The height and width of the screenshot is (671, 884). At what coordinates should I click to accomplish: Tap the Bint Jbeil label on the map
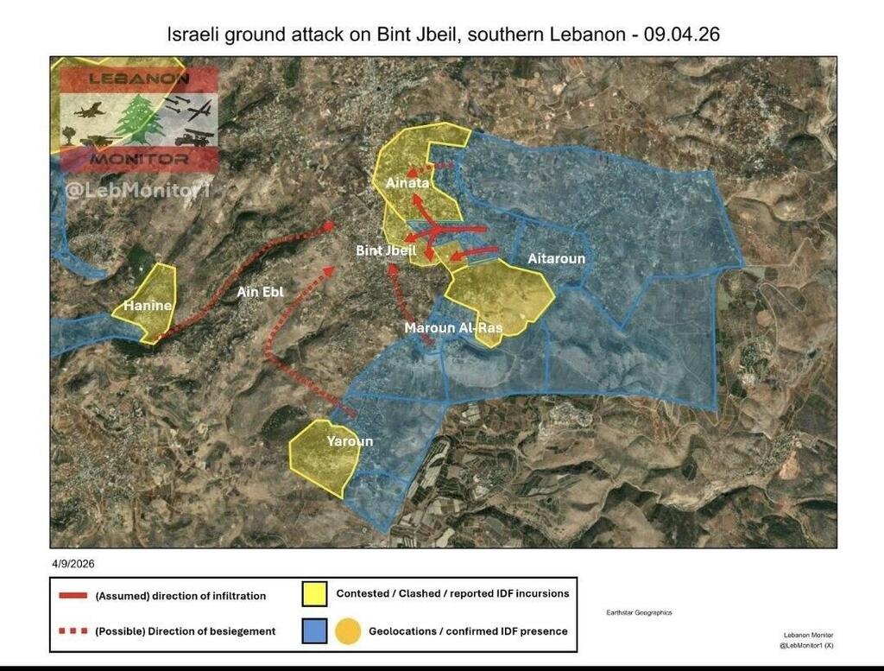(386, 250)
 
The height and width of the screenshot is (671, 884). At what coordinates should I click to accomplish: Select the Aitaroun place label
(556, 258)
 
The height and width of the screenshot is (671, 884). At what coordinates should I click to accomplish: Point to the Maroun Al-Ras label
(453, 328)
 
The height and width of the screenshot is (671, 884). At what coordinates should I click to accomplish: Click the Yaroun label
(350, 441)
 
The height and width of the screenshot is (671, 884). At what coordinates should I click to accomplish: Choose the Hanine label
(147, 306)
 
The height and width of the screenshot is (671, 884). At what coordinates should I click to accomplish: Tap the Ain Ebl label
(260, 292)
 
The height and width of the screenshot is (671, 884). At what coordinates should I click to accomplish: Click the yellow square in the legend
(314, 594)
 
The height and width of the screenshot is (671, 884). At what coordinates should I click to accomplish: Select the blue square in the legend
(314, 631)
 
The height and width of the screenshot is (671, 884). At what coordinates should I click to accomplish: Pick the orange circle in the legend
(349, 631)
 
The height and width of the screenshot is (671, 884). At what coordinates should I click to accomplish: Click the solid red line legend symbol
(73, 596)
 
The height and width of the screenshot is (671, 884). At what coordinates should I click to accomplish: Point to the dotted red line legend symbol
(73, 631)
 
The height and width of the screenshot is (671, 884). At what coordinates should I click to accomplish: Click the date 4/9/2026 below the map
(73, 563)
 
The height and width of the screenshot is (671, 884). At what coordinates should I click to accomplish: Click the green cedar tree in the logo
(139, 119)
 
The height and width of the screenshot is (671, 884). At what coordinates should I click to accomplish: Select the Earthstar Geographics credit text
(640, 612)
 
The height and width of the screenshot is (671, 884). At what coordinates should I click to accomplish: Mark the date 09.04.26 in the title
(691, 36)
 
